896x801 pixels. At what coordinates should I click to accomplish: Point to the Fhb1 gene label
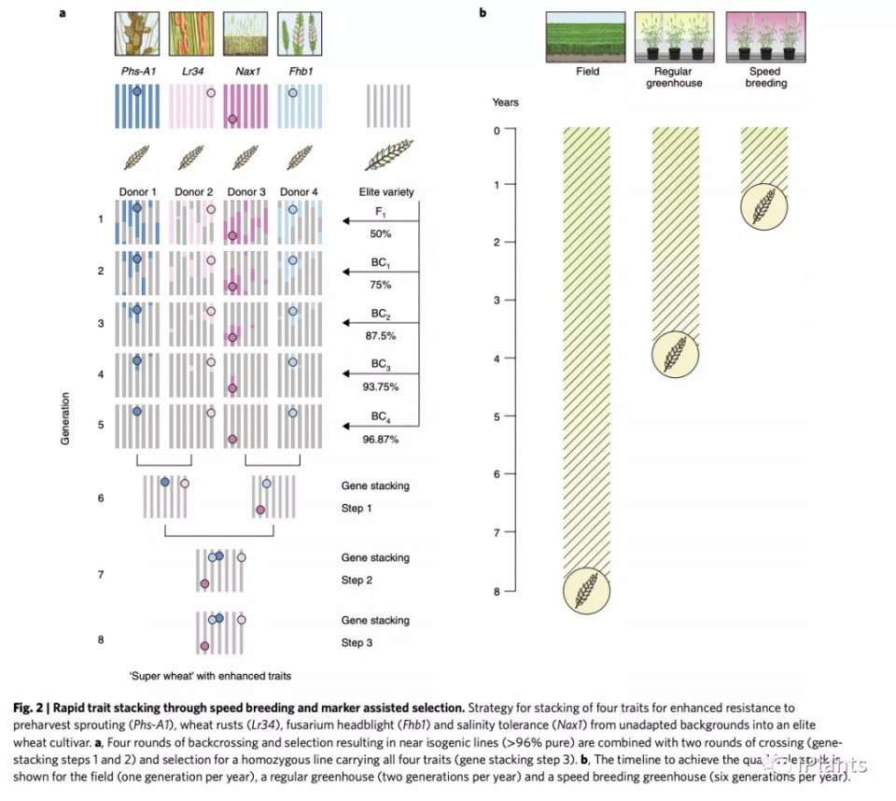pos(297,69)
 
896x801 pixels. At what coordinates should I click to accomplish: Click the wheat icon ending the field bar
pos(587,590)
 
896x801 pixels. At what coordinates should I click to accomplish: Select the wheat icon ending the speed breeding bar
pos(764,206)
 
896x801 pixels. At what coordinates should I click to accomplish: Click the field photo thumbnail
pos(588,35)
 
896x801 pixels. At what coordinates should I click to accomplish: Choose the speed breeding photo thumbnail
pos(765,35)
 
